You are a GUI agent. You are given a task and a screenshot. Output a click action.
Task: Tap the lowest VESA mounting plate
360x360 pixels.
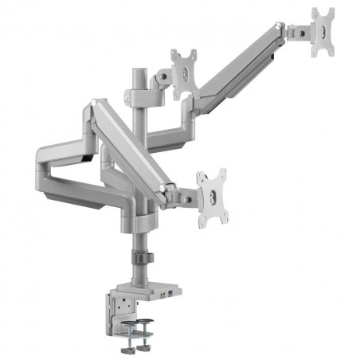pos(212,194)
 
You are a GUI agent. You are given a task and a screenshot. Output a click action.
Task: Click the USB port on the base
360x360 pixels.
pos(163,292)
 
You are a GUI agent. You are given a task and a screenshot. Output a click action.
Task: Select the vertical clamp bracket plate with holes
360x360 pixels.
pos(116,306)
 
